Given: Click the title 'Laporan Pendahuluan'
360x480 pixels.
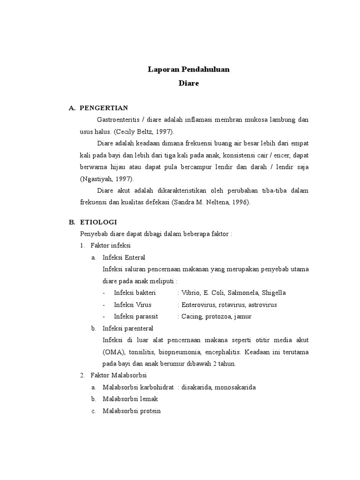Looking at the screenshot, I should (189, 70).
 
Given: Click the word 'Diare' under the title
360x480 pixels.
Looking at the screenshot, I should (189, 83).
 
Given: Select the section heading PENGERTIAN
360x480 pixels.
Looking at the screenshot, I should (104, 108).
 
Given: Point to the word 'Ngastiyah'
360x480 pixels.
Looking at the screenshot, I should (98, 179).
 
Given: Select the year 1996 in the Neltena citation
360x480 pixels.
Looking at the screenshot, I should (242, 202).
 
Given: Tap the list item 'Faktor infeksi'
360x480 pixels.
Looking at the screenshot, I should (111, 245).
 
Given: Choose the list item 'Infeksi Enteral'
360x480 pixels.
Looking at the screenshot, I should (124, 257).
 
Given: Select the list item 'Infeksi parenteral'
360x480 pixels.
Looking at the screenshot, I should (127, 328).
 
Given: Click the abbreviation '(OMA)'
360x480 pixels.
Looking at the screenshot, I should (112, 352).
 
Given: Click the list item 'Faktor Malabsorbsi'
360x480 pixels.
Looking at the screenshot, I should (119, 375).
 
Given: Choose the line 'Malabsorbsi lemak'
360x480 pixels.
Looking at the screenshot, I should (130, 399).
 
